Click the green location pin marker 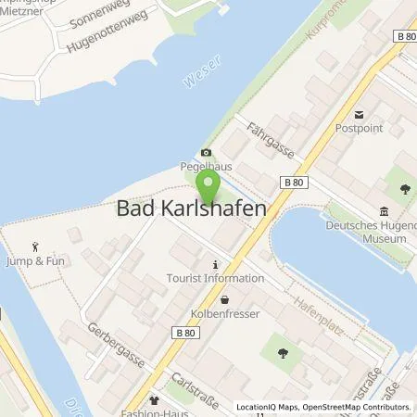click(x=207, y=185)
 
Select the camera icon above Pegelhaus click(x=207, y=153)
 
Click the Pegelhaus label click(x=206, y=167)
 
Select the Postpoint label click(x=359, y=128)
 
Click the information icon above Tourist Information click(x=215, y=264)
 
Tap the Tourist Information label click(x=215, y=278)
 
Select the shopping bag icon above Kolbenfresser click(x=225, y=300)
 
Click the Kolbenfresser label click(x=225, y=314)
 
